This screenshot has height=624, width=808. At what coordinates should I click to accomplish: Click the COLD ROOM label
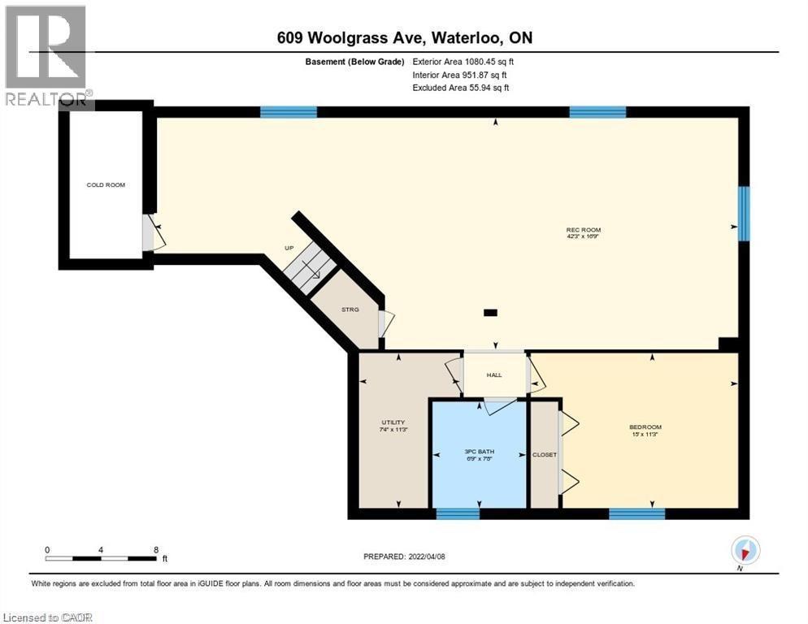tap(106, 185)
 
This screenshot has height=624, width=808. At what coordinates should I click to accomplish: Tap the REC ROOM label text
tap(583, 230)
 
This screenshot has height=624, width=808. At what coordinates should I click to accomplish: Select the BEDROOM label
tap(645, 427)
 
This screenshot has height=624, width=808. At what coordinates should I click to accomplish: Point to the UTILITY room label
tap(393, 422)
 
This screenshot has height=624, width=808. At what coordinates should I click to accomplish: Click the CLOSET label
tap(544, 454)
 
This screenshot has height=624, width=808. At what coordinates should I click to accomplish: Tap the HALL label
tap(494, 375)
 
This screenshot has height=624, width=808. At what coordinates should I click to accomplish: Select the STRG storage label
tap(350, 309)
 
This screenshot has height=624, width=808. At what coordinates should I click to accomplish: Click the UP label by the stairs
tap(288, 248)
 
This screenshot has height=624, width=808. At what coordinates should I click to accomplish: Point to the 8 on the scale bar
tap(155, 550)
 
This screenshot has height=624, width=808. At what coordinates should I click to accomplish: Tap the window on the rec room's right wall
tap(743, 214)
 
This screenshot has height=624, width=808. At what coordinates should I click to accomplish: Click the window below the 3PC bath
tap(458, 513)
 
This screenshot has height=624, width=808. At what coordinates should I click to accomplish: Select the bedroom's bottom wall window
tap(636, 513)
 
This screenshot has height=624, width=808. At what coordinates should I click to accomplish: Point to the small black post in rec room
tap(490, 311)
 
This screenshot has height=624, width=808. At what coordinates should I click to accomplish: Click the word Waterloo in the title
tap(458, 37)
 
